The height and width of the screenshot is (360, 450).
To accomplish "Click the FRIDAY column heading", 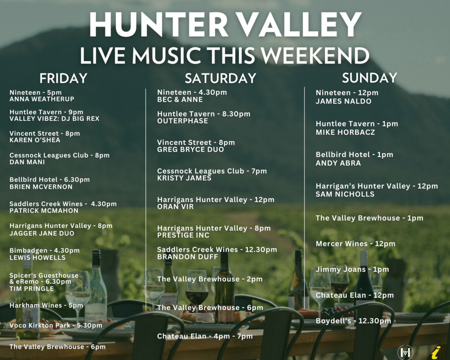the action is point(63,78).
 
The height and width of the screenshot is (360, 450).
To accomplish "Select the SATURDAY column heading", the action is point(221,78).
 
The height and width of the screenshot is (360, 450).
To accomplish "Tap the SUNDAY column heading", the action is point(369,78).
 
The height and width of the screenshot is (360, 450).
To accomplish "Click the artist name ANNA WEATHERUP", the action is point(42,99).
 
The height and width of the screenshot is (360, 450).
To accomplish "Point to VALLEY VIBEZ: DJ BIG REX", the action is point(54,119).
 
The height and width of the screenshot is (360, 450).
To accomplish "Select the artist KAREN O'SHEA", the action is point(35,140).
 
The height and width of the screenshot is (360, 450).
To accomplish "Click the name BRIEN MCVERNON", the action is point(41,187).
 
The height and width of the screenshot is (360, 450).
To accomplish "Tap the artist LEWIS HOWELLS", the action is point(38,258).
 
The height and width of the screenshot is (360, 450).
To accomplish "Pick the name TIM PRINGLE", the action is point(32,289).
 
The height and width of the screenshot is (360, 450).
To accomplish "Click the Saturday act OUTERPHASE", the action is point(182,121).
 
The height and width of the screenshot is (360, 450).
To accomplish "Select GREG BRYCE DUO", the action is point(191,149).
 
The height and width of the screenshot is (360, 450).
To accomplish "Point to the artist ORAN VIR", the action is point(175,207).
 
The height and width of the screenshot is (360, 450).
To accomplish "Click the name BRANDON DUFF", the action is point(188,257).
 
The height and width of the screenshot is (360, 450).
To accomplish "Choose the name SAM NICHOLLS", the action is point(345,194).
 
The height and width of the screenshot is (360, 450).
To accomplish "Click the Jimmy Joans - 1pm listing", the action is point(352,269).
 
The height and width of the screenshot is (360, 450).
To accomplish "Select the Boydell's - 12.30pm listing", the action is point(353,321).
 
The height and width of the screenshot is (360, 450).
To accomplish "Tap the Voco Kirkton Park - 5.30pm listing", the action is point(56,326).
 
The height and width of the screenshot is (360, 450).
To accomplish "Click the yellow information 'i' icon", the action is point(436,352).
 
